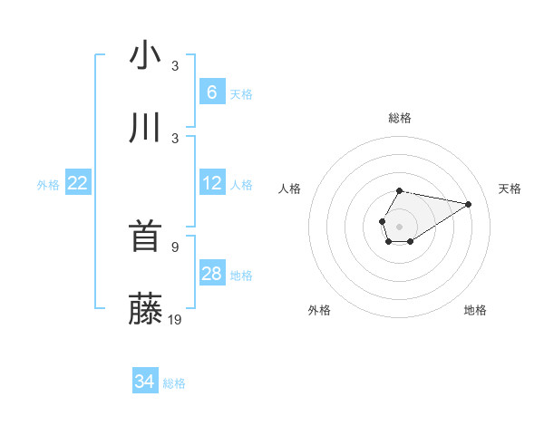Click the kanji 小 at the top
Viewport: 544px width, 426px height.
pos(145,56)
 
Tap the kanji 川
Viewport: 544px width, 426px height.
pos(145,129)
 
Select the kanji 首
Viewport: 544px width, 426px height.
pos(145,237)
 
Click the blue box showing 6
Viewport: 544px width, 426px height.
pos(211,92)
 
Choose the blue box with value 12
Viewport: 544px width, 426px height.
pos(211,183)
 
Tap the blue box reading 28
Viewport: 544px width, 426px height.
pos(211,274)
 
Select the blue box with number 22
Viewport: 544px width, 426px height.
pos(78,183)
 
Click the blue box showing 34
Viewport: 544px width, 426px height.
pos(144,382)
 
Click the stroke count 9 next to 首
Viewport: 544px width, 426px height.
pos(174,247)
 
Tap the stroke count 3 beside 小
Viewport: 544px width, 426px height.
pos(174,65)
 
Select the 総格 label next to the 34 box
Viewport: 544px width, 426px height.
pos(174,383)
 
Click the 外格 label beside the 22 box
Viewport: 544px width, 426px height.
pos(48,185)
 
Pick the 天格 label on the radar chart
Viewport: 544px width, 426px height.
pos(510,189)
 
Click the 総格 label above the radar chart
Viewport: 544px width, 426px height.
pos(400,118)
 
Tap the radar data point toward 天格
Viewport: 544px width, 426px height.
pos(469,205)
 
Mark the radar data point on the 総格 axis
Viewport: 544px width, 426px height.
pos(400,190)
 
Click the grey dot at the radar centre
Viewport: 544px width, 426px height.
pos(399,225)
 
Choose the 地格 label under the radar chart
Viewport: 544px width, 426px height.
pos(475,310)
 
